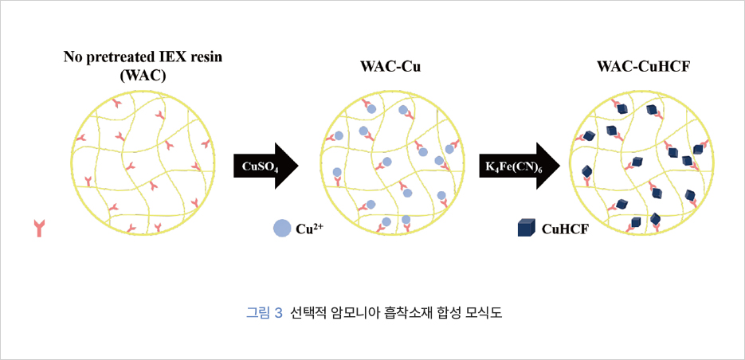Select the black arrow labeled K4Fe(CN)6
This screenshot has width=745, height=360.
(519, 166)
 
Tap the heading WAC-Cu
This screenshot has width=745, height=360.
(390, 68)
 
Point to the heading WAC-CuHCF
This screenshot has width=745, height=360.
(643, 68)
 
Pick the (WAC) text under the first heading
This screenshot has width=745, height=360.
(143, 76)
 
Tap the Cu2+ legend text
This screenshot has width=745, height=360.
(309, 229)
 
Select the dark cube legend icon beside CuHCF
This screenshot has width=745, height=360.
(526, 229)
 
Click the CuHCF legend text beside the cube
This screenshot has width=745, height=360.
(565, 230)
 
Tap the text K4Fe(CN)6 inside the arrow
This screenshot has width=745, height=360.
(512, 166)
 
